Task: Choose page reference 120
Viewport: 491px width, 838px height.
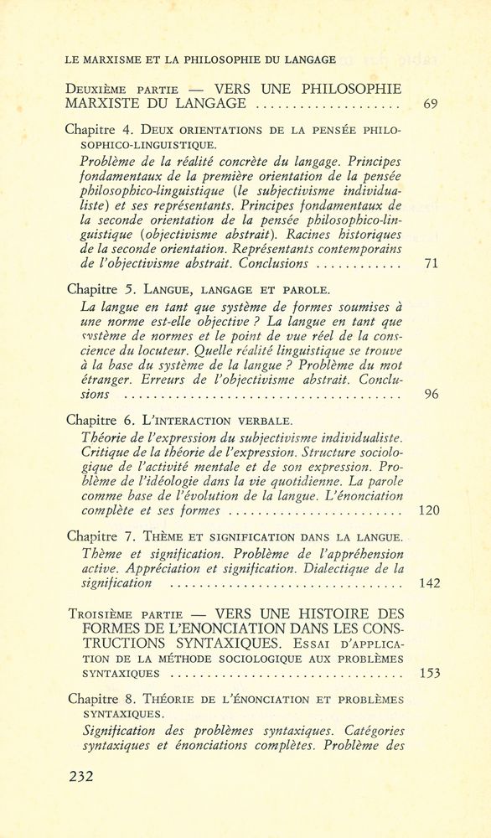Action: [x=428, y=510]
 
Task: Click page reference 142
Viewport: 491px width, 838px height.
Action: [x=428, y=583]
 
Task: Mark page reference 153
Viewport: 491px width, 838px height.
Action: [x=428, y=673]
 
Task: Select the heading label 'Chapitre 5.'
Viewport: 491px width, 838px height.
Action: [x=97, y=289]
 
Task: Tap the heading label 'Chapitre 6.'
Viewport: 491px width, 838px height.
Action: [x=97, y=419]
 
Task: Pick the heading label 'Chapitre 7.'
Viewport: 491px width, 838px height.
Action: [x=97, y=535]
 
